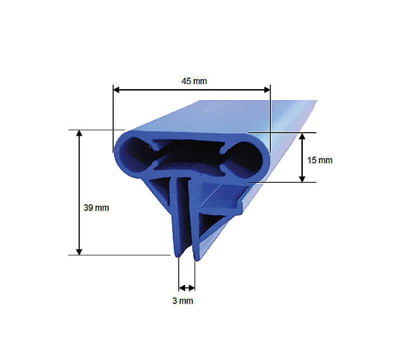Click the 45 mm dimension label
(x=194, y=81)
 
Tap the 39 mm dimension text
(x=96, y=208)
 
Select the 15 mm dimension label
(x=320, y=160)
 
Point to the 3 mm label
(x=183, y=301)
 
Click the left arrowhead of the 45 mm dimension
(x=117, y=90)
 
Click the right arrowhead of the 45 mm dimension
(x=267, y=90)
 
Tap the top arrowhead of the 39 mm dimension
(x=79, y=133)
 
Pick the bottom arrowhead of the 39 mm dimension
(x=79, y=252)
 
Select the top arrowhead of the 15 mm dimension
(x=302, y=136)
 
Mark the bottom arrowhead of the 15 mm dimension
(x=302, y=179)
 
